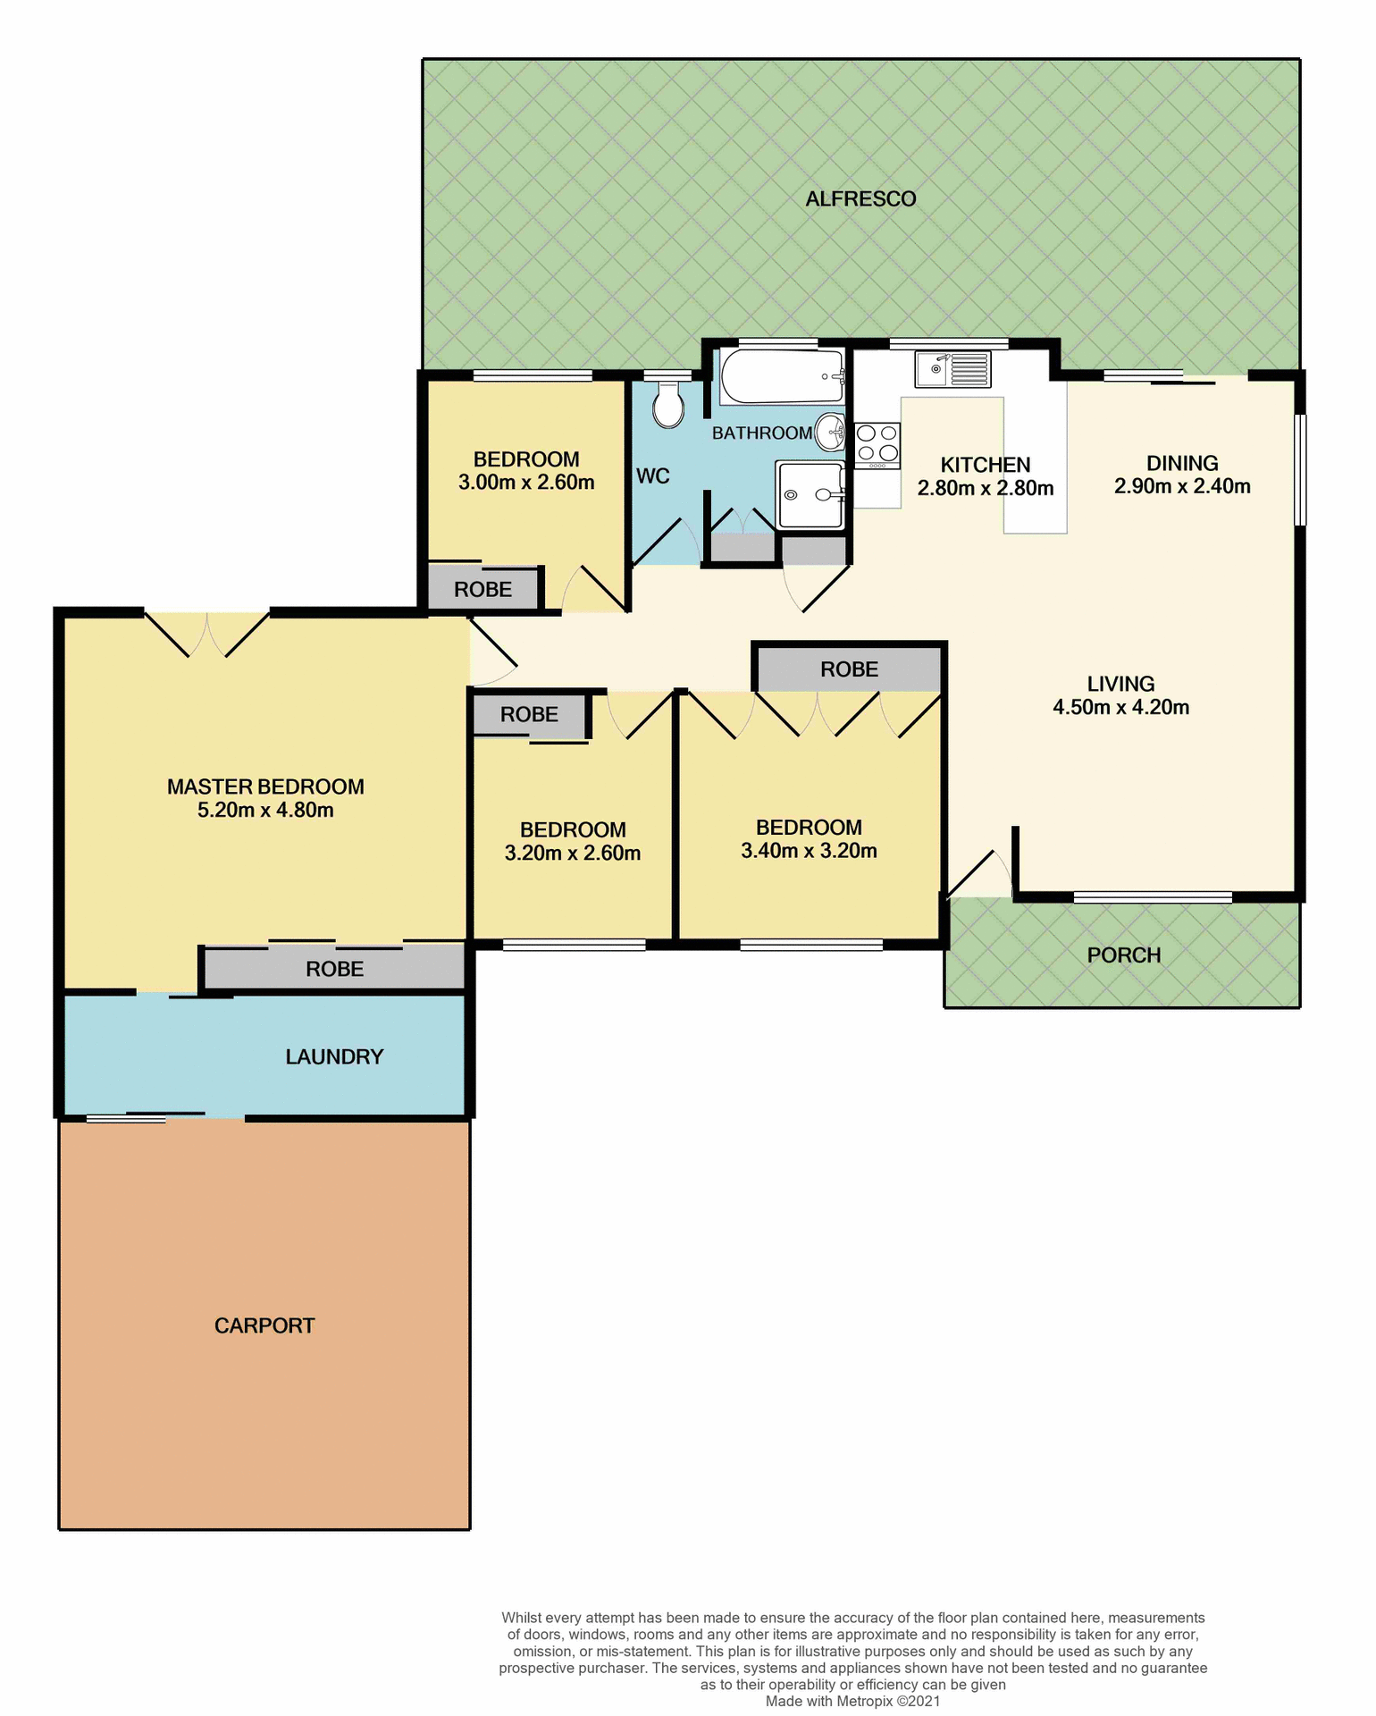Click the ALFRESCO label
tap(860, 199)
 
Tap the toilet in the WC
tap(667, 406)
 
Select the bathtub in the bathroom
tap(783, 376)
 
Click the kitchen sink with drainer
tap(952, 369)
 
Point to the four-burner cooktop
tap(877, 443)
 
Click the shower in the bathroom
tap(810, 494)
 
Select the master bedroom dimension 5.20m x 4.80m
tap(265, 811)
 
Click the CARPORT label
tap(264, 1325)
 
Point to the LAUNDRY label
tap(334, 1056)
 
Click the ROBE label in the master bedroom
tap(334, 969)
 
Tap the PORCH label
tap(1123, 955)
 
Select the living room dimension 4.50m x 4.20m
tap(1120, 708)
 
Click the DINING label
tap(1181, 463)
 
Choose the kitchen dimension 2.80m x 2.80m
tap(986, 489)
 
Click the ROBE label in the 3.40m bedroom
tap(849, 669)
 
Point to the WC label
tap(652, 476)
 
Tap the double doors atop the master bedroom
tap(207, 634)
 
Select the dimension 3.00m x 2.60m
tap(526, 483)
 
